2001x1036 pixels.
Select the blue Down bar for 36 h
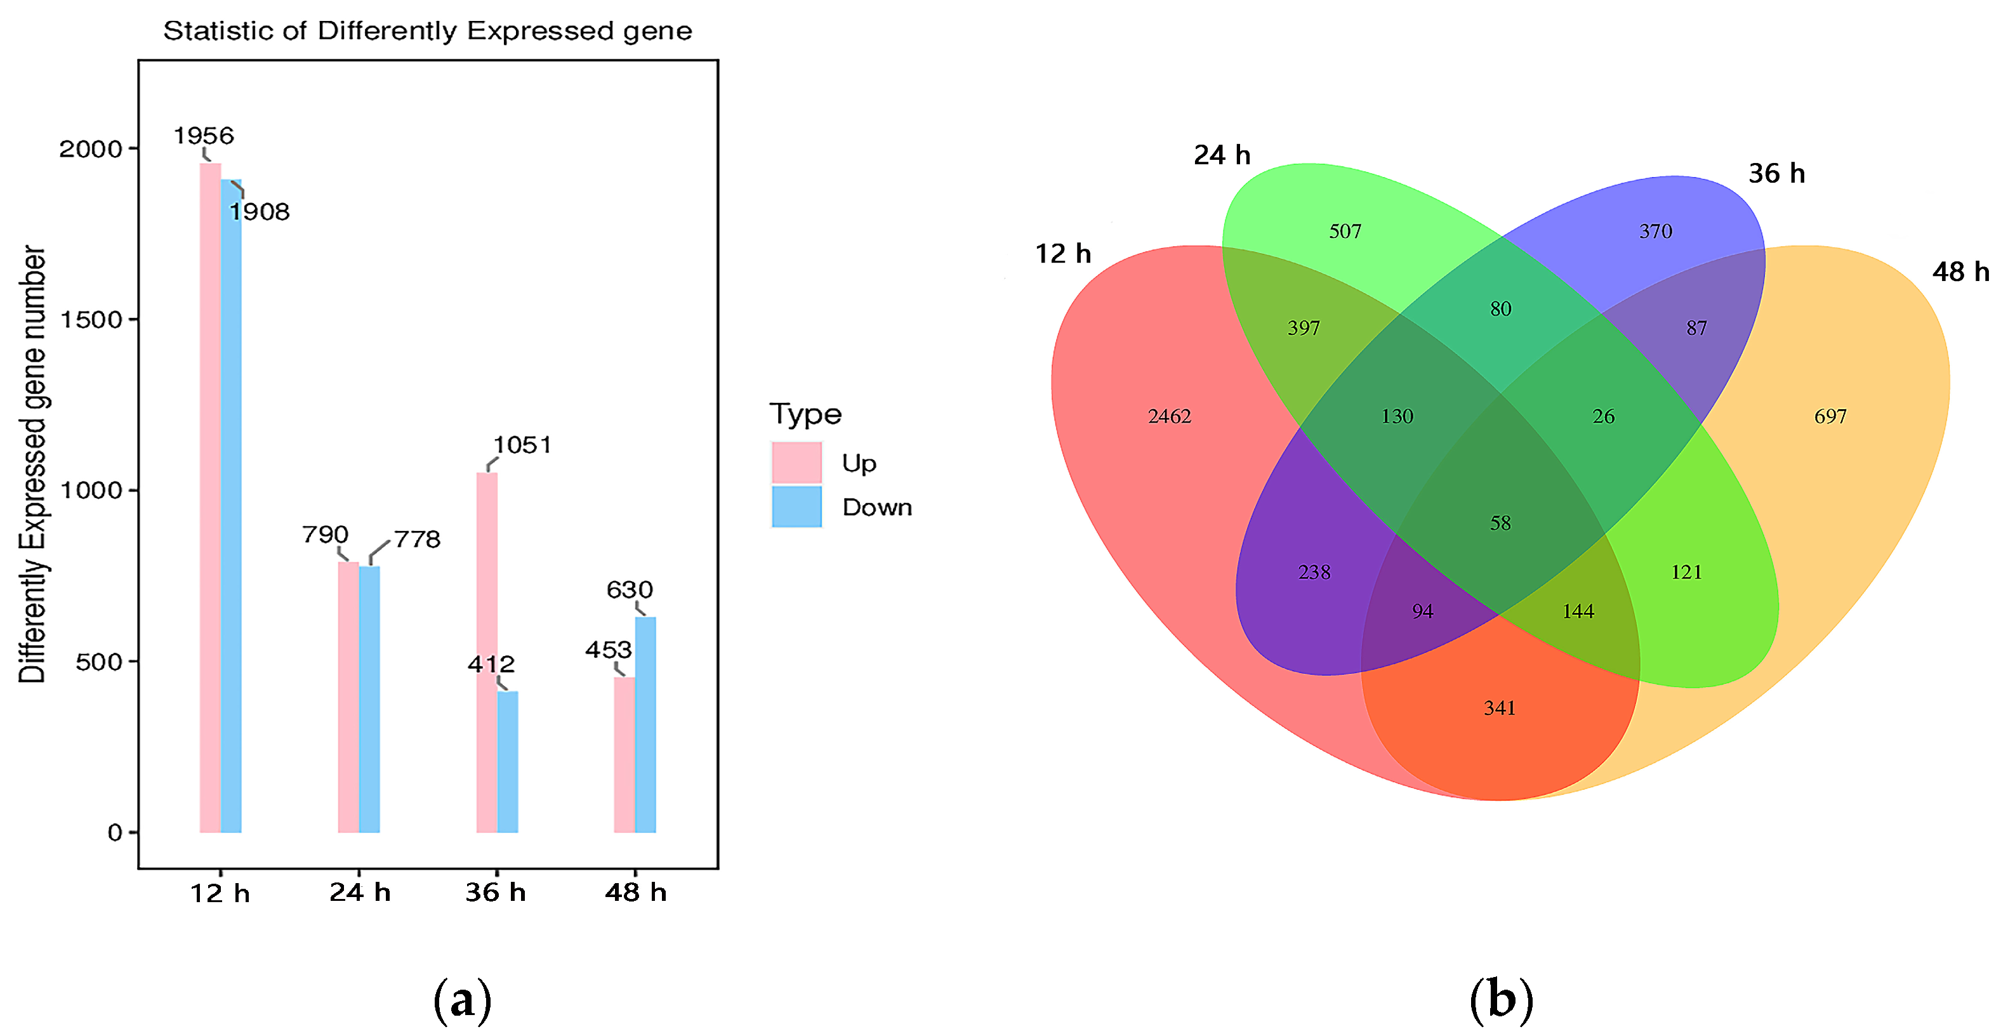click(507, 761)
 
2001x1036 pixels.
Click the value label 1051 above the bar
click(523, 445)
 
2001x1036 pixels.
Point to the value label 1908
click(260, 211)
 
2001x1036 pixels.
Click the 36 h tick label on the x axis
click(496, 893)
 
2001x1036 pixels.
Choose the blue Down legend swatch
click(796, 507)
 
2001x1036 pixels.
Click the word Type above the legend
click(805, 414)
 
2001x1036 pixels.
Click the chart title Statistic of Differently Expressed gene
click(427, 31)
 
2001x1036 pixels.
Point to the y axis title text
click(32, 464)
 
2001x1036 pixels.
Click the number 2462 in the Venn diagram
click(1169, 417)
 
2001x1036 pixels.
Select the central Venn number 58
click(1500, 523)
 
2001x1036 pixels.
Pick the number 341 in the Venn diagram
click(1499, 708)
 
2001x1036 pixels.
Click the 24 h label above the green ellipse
click(1222, 155)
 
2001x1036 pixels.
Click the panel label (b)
click(1501, 1000)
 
